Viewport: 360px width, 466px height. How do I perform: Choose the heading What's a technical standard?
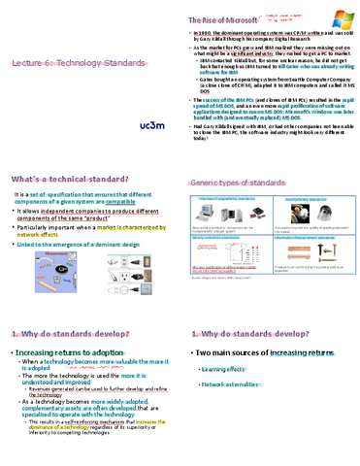[x=70, y=181]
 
